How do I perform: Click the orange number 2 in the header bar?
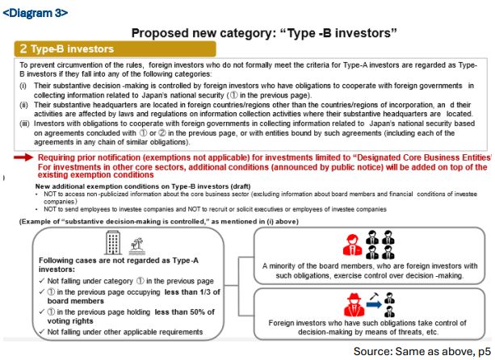pyautogui.click(x=24, y=49)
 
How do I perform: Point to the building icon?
pyautogui.click(x=111, y=241)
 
